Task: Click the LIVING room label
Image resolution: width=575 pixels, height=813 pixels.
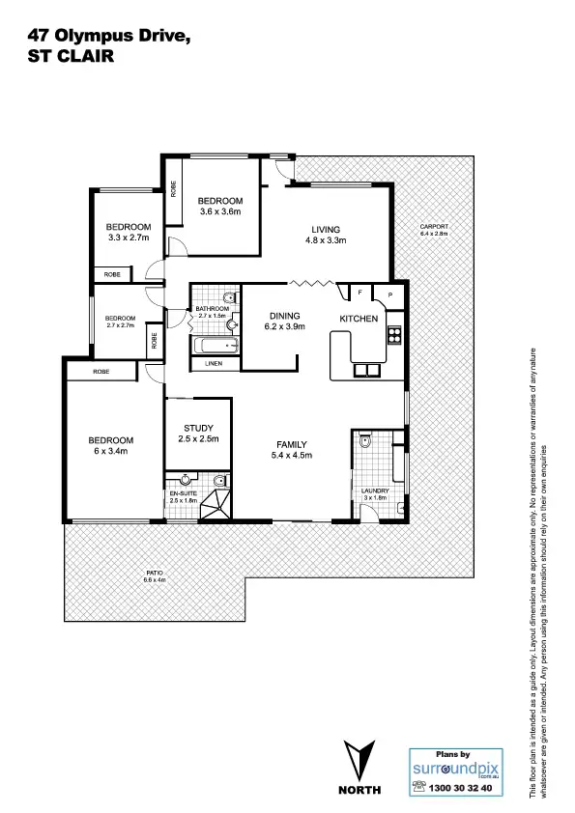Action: (326, 229)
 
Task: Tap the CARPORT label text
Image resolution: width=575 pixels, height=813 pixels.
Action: (435, 227)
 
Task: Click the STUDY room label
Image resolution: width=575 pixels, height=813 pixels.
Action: (198, 428)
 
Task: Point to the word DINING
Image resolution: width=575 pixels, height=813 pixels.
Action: (285, 316)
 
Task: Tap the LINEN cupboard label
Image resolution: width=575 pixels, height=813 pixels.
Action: (215, 364)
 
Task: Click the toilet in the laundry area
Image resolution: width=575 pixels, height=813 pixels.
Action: (365, 444)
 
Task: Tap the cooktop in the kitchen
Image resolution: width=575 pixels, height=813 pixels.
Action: (394, 336)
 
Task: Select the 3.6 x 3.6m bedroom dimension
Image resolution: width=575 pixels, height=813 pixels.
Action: (219, 211)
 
